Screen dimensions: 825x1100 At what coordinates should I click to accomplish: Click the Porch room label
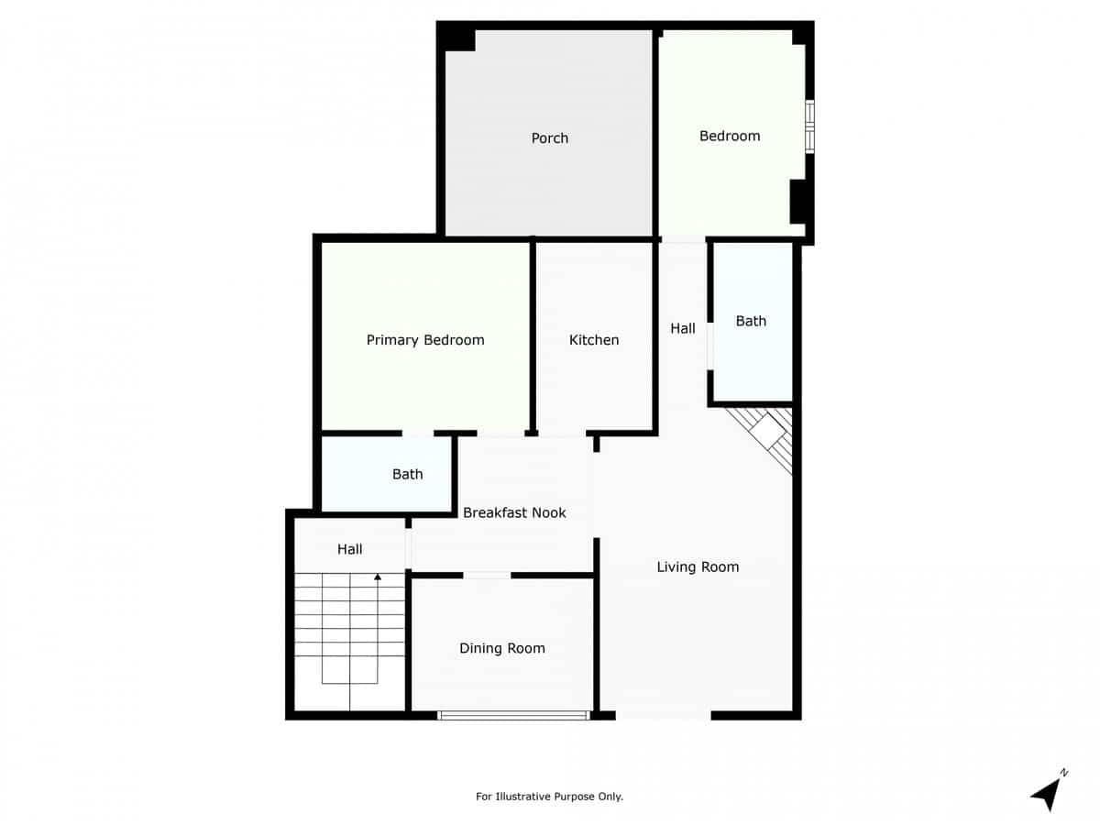coord(550,138)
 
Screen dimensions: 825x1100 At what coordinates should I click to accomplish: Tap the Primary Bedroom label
coord(425,340)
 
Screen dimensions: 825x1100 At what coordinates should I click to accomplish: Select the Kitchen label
coord(594,340)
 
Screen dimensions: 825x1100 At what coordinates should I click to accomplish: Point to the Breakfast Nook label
coord(514,512)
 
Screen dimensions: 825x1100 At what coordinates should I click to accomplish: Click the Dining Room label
coord(502,648)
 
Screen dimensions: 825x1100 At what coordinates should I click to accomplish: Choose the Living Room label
coord(698,566)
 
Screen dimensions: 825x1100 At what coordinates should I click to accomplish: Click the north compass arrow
coord(1048,792)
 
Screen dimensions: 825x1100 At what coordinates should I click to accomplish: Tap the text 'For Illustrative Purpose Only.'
coord(549,797)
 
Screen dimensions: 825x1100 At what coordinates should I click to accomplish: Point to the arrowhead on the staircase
coord(378,577)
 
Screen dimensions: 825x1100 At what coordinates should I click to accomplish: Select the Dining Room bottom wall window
coord(513,715)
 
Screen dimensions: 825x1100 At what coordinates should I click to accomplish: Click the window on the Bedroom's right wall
coord(809,126)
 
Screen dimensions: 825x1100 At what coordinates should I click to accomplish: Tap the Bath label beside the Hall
coord(751,321)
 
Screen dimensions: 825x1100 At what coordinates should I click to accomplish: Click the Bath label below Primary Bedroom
coord(408,474)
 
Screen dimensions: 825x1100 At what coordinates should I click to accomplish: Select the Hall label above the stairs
coord(349,549)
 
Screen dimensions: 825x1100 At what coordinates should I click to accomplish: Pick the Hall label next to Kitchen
coord(683,328)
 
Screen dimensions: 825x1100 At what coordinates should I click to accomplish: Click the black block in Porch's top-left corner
coord(456,37)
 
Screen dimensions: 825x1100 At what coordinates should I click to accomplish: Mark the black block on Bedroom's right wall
coord(797,202)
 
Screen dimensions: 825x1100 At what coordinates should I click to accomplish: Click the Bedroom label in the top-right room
coord(730,136)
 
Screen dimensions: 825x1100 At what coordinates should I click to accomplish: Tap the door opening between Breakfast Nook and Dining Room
coord(487,575)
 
